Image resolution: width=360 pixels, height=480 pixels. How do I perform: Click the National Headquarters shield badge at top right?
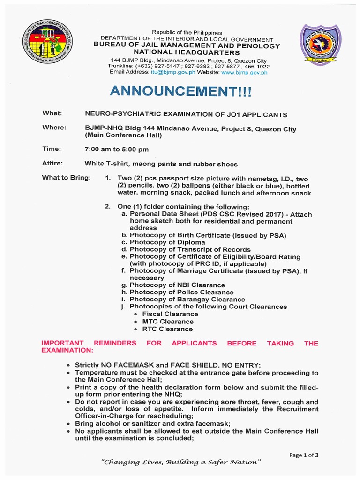(x=321, y=45)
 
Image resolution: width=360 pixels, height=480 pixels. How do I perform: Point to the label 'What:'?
(x=52, y=114)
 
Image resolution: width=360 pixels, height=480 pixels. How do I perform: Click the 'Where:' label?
(x=54, y=127)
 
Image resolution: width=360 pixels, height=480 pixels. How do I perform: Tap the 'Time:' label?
(x=52, y=149)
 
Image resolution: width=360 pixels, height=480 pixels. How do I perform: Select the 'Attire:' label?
(x=53, y=164)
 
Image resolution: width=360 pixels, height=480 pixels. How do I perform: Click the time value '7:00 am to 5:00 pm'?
(x=116, y=150)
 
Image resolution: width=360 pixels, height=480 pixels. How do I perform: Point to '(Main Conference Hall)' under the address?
(x=123, y=135)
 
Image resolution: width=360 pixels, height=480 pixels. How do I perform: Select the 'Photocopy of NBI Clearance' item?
(x=177, y=285)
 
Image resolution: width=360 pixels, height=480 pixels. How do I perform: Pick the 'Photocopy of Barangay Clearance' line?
(x=187, y=300)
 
